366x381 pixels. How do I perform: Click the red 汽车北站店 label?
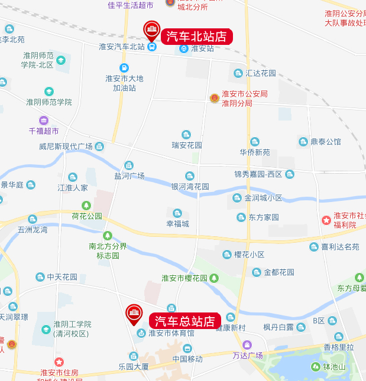pyautogui.click(x=197, y=36)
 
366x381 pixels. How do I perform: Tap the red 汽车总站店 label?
pyautogui.click(x=185, y=321)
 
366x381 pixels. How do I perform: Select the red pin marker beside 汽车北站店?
pyautogui.click(x=151, y=29)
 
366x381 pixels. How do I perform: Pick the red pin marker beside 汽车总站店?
pyautogui.click(x=134, y=314)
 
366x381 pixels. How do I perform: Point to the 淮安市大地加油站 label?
pyautogui.click(x=124, y=83)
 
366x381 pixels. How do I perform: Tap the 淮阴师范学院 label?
pyautogui.click(x=48, y=102)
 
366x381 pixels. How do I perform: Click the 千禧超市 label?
pyautogui.click(x=44, y=131)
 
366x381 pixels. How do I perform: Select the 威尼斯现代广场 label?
pyautogui.click(x=66, y=146)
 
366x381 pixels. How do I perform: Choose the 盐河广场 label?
pyautogui.click(x=129, y=175)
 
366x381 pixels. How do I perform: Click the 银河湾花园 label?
pyautogui.click(x=190, y=186)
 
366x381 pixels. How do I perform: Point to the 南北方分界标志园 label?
pyautogui.click(x=108, y=250)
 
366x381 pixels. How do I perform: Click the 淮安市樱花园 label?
pyautogui.click(x=184, y=278)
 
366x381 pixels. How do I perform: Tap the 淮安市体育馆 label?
pyautogui.click(x=171, y=333)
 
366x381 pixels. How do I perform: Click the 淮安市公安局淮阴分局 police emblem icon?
pyautogui.click(x=214, y=98)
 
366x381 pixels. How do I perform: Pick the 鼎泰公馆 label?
pyautogui.click(x=326, y=142)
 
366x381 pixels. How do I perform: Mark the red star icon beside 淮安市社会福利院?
pyautogui.click(x=326, y=220)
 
